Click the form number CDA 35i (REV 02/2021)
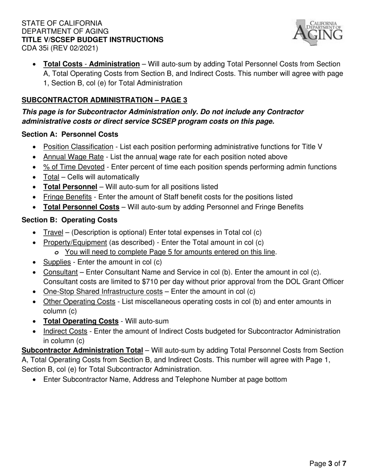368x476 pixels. pos(60,48)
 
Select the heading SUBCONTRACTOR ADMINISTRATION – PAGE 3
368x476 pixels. pos(104,100)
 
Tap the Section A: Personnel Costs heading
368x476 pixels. pos(70,134)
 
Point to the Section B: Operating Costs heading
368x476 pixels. pos(69,220)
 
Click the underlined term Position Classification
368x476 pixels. pos(78,147)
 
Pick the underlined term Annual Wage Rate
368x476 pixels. pos(73,157)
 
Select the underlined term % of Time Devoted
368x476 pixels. pos(74,167)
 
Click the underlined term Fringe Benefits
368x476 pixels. pos(67,197)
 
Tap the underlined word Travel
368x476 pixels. pos(53,233)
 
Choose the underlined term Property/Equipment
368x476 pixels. pos(75,242)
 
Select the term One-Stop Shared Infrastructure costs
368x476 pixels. pos(103,291)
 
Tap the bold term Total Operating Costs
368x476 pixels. pos(81,321)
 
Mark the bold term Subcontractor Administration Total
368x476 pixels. pos(82,350)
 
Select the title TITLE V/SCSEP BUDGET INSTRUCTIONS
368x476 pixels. pos(92,39)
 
